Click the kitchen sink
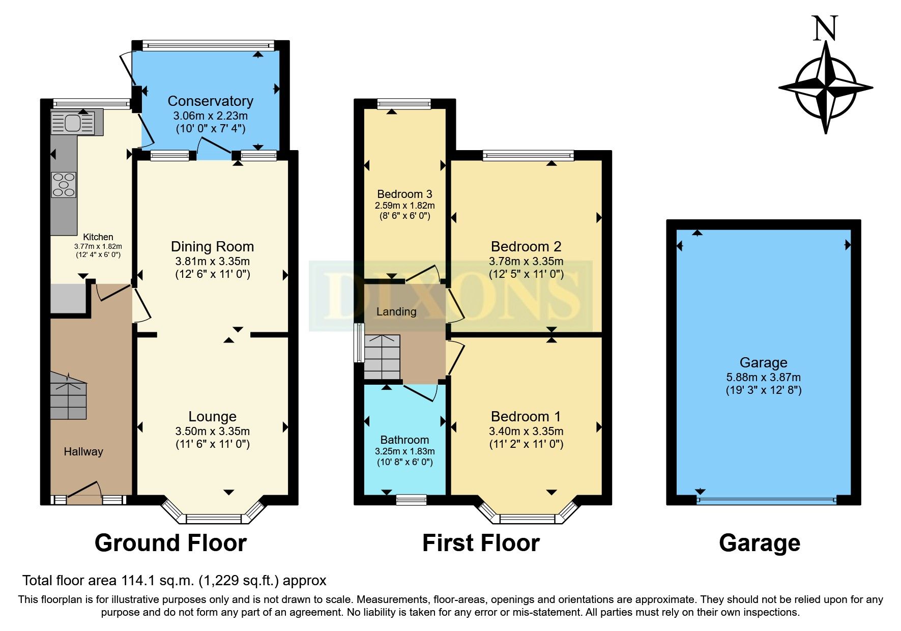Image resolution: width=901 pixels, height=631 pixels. click(73, 123)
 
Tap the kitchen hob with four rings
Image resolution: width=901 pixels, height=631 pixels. click(64, 185)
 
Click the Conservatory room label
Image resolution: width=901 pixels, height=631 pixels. click(210, 101)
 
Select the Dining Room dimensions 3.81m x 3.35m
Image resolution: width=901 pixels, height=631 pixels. click(212, 262)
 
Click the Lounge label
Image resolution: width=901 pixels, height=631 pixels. click(212, 417)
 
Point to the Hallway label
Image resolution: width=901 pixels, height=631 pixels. click(83, 452)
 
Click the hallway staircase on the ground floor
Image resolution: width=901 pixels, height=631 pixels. click(68, 396)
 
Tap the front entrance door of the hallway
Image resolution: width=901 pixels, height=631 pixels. click(84, 493)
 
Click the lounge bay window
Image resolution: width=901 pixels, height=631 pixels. click(213, 519)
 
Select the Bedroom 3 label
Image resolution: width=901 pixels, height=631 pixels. click(404, 194)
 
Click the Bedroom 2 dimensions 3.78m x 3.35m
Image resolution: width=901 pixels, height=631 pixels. click(526, 262)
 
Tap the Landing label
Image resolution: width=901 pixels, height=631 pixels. click(396, 312)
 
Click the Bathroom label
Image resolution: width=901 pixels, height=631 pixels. click(404, 440)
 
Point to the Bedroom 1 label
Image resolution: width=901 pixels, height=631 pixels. click(526, 417)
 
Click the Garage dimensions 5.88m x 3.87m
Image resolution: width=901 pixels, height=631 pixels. click(763, 378)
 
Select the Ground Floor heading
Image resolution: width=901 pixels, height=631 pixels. click(170, 543)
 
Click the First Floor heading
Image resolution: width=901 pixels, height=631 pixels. click(481, 543)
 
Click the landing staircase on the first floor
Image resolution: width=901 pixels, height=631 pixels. click(382, 357)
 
